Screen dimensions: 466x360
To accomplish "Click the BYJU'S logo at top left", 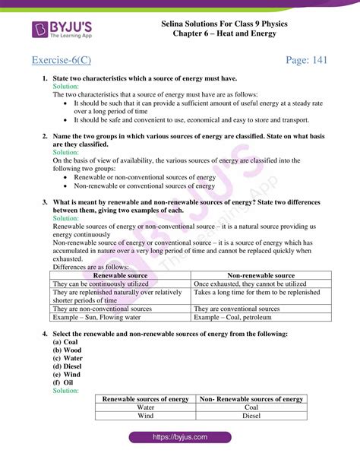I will click(x=62, y=30).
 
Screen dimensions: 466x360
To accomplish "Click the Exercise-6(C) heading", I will click(x=67, y=60).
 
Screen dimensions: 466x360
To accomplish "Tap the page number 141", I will click(x=306, y=60).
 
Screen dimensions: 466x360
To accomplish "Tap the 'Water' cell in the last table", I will click(x=146, y=407).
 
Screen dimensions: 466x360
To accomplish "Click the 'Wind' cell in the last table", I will click(x=146, y=416).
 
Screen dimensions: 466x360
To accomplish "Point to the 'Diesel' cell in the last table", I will click(x=251, y=416).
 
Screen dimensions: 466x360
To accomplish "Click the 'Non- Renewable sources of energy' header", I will click(x=251, y=399).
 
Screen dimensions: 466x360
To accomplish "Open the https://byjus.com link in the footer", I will click(x=180, y=438).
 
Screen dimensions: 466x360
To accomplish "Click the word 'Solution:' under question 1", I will click(x=66, y=87).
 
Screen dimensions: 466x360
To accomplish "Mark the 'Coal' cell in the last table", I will click(x=251, y=407).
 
